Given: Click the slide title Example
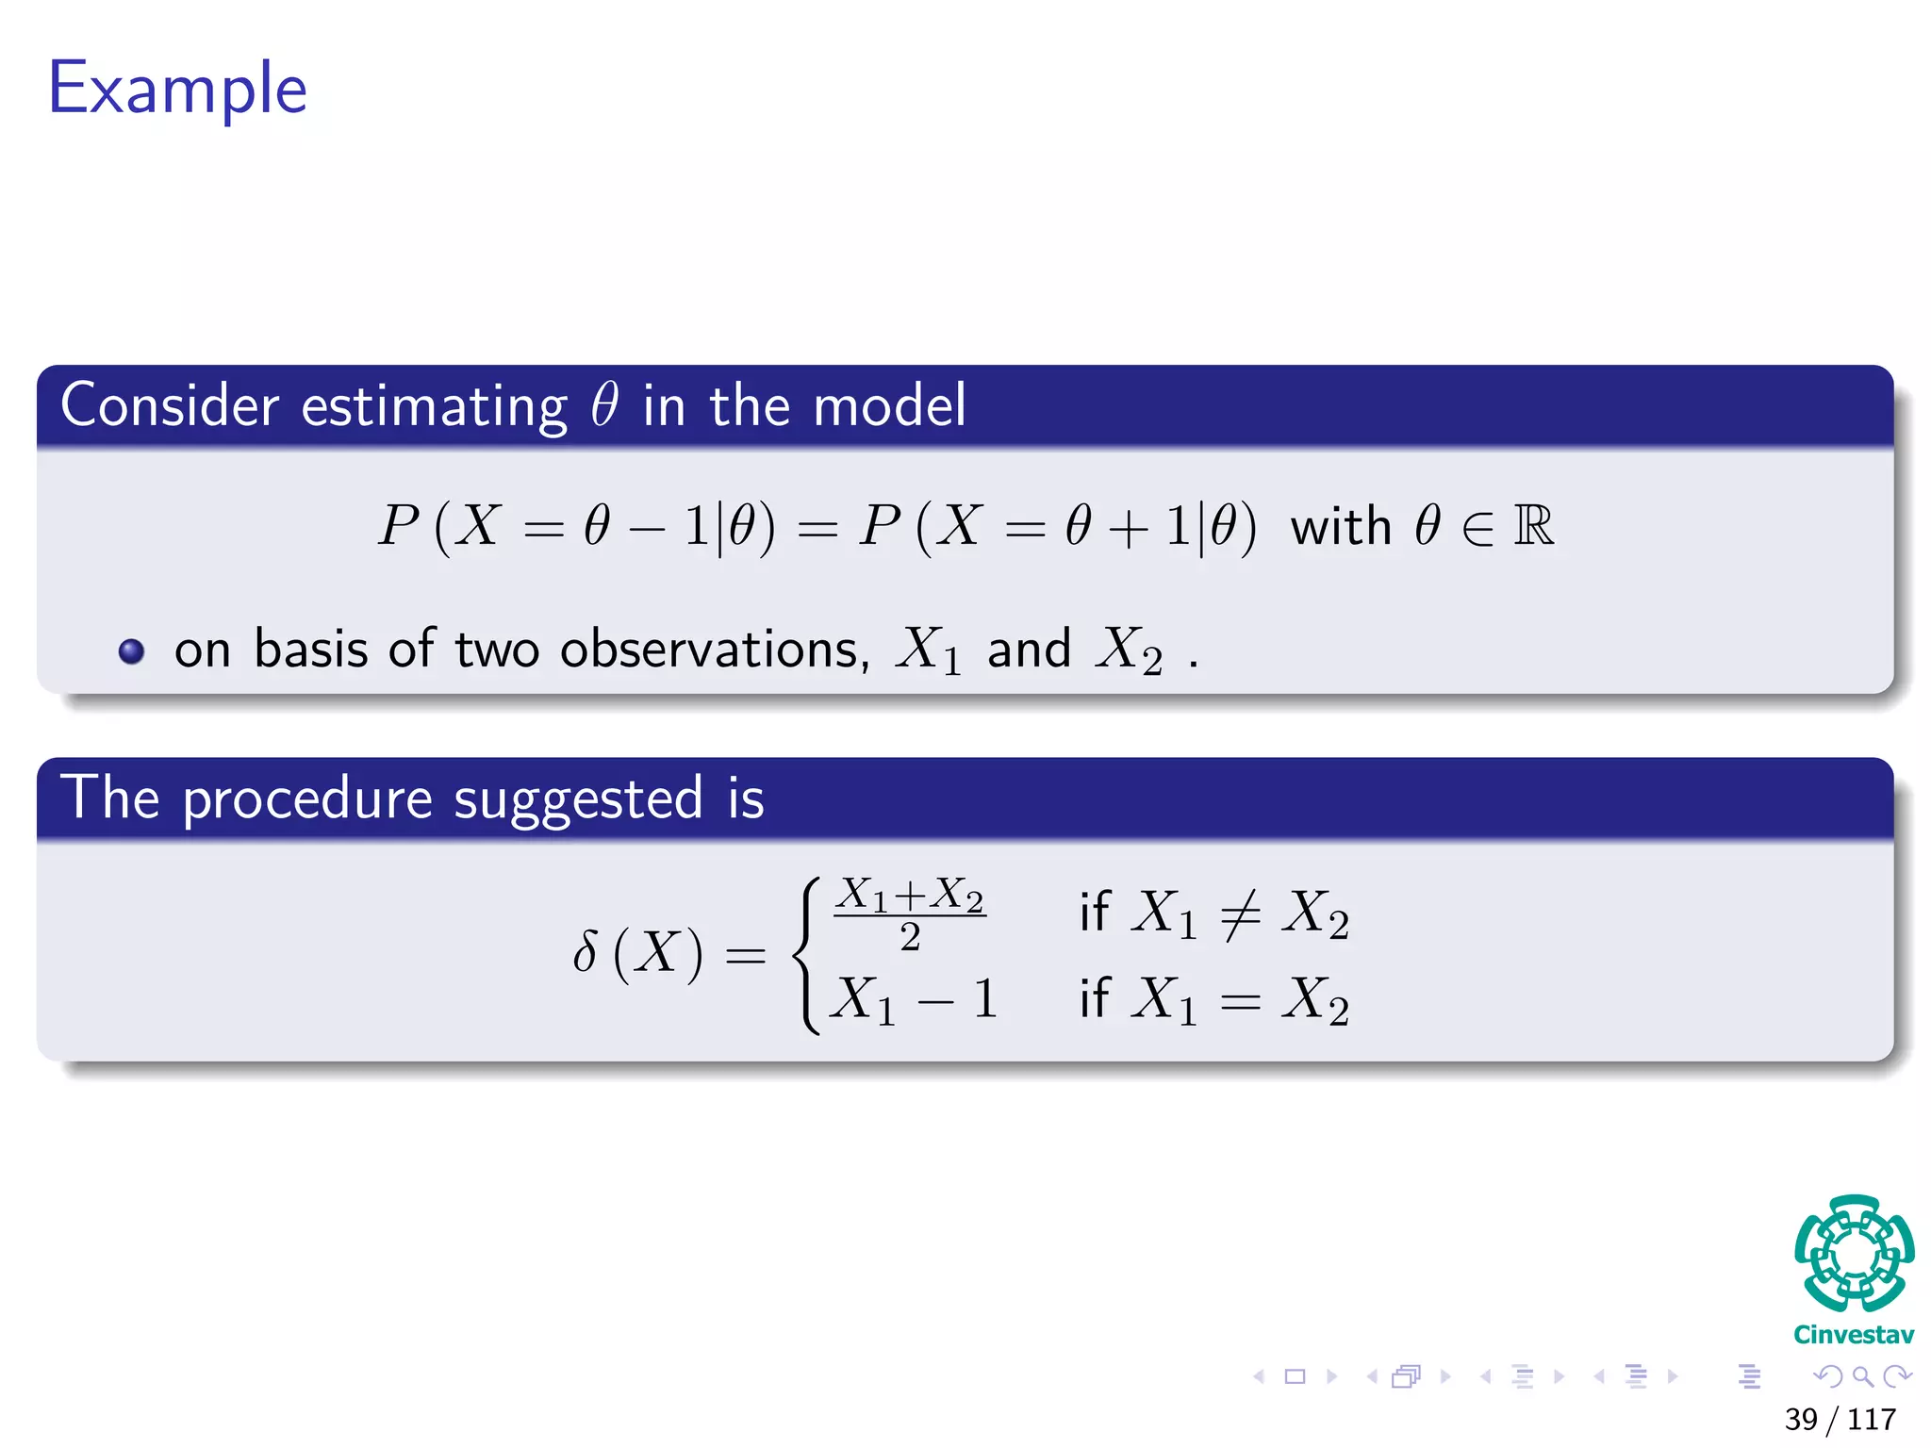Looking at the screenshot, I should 177,89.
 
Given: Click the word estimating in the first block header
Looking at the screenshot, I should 434,407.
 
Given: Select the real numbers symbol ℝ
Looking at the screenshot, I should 1533,526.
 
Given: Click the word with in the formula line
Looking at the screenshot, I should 1340,526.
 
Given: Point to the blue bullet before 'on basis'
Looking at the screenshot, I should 132,651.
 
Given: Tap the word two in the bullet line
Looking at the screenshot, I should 497,650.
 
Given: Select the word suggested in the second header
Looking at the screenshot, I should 578,800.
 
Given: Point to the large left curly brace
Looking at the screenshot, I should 804,955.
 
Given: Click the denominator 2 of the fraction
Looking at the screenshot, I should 910,937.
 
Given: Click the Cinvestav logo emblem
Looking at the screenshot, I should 1854,1254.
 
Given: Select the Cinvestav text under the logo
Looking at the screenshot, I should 1854,1335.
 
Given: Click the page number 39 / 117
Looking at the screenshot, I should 1840,1419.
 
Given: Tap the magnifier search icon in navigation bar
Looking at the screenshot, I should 1862,1376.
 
